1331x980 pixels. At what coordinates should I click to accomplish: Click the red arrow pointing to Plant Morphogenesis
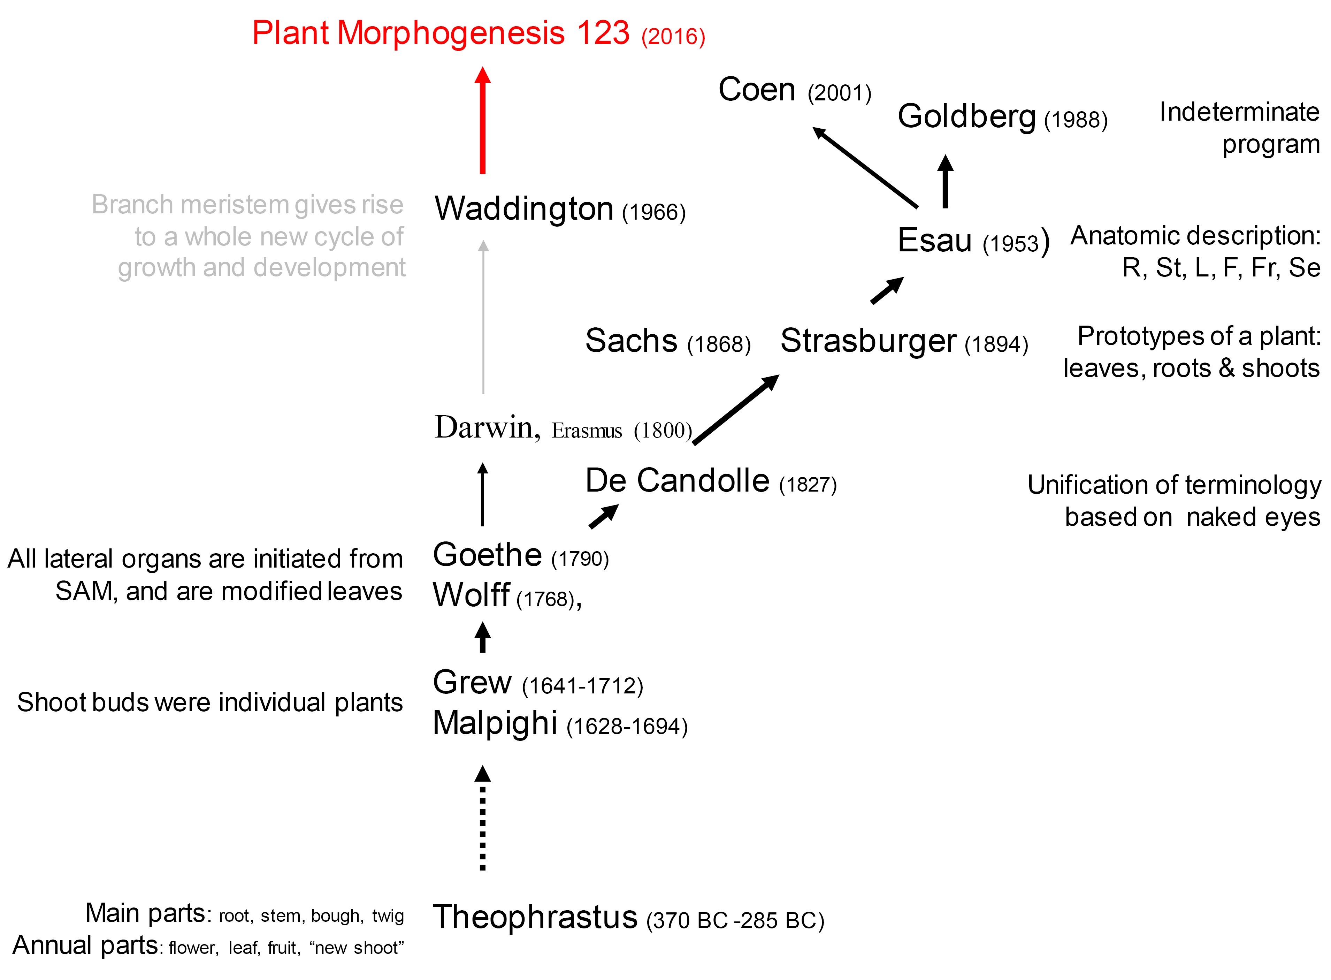point(483,120)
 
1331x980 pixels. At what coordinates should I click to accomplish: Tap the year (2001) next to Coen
point(839,93)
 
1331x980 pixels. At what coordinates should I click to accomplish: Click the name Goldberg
point(966,116)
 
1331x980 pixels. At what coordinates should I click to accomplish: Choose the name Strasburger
point(868,341)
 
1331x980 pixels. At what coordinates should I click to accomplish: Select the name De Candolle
point(677,480)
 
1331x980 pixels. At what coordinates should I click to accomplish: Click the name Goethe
point(487,555)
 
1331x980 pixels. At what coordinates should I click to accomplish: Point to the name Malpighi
point(495,723)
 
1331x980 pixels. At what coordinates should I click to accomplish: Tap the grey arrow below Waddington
point(483,317)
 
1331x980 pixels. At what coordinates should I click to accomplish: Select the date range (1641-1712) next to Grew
point(582,686)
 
